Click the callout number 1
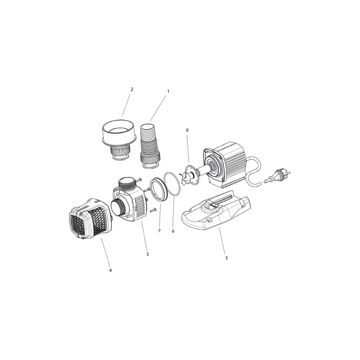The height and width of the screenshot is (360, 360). tap(168, 91)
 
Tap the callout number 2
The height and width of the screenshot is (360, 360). tap(132, 89)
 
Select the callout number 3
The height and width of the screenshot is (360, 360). tap(226, 258)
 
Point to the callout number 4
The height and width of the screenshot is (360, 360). tap(110, 270)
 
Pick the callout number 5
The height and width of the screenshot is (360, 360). tap(148, 254)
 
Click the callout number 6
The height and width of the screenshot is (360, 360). tap(173, 231)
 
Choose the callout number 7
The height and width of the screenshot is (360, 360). tap(160, 231)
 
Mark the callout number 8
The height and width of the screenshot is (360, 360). tap(187, 130)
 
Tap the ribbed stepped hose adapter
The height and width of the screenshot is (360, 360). tap(149, 146)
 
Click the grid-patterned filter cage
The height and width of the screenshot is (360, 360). tap(90, 218)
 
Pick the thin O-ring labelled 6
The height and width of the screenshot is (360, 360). tap(172, 184)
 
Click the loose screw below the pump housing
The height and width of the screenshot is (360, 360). tap(153, 210)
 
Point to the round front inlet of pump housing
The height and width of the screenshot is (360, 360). tap(118, 206)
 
